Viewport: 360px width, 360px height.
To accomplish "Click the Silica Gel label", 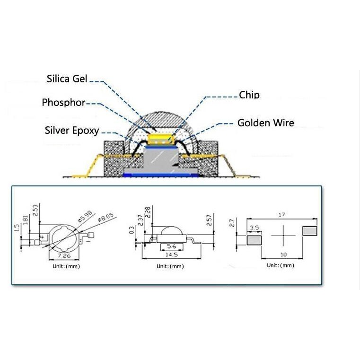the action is click(67, 79).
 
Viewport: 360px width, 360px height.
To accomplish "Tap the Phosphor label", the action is click(63, 102).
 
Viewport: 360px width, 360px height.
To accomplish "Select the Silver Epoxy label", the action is click(72, 131).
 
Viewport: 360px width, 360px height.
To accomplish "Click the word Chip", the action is click(249, 95).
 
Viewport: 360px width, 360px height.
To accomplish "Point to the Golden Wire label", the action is click(266, 123).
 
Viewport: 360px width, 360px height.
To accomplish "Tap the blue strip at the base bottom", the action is click(160, 176).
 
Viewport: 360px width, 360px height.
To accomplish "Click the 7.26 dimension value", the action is click(64, 256).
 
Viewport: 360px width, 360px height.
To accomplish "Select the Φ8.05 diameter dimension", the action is click(105, 217).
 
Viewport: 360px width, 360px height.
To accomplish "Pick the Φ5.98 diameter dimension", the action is click(85, 216).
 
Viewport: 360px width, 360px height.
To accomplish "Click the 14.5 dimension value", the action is click(172, 255).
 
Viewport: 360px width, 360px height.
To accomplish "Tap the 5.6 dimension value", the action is click(172, 246).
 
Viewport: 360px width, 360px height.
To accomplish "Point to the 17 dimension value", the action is click(282, 215).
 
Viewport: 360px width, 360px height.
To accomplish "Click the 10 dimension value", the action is click(284, 255).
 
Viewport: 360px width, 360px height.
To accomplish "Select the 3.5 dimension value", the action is click(255, 228).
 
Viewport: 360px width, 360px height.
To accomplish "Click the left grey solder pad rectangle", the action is click(254, 240).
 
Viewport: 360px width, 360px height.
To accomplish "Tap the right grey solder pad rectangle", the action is click(310, 231).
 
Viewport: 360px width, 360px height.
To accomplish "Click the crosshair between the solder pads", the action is click(283, 235).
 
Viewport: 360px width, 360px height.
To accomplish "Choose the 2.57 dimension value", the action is click(209, 220).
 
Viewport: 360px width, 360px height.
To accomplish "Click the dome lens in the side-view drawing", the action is click(172, 231).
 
